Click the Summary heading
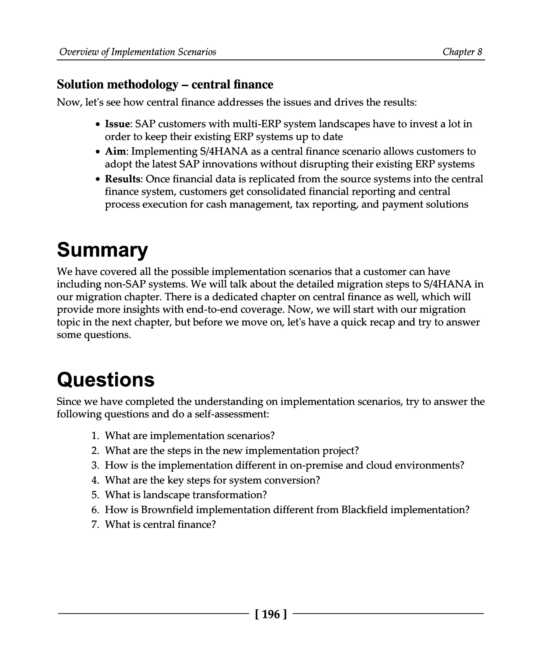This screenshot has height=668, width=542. (102, 250)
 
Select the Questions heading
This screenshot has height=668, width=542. (106, 380)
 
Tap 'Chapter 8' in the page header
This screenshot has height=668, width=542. (462, 52)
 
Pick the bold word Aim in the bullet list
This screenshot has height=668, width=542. (115, 151)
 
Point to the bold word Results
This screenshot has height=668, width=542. (122, 179)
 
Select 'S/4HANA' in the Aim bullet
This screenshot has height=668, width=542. (224, 151)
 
